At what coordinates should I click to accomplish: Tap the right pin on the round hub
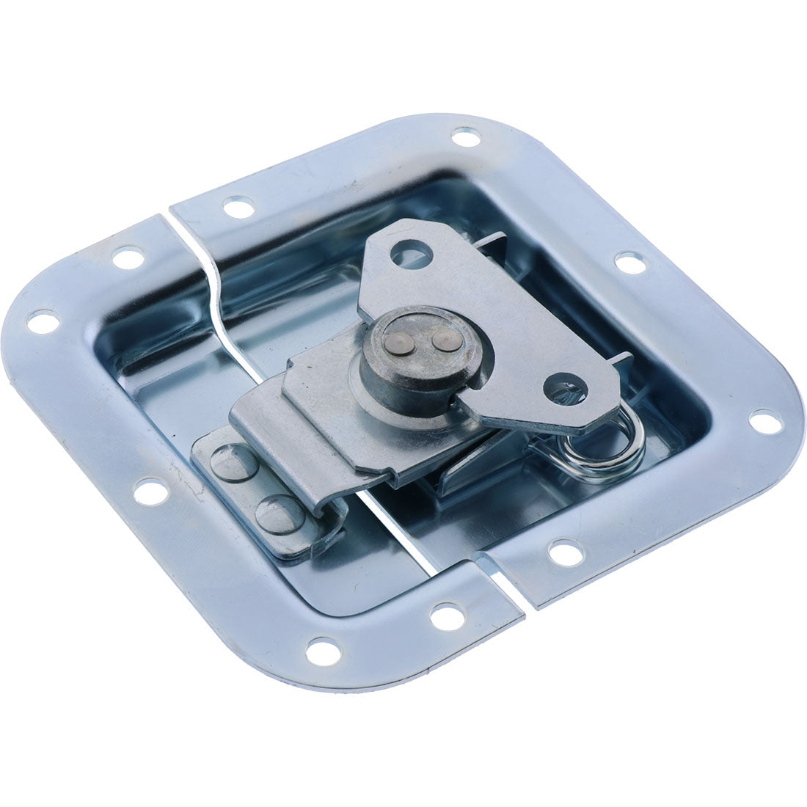click(442, 340)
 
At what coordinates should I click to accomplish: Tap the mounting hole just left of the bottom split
click(446, 616)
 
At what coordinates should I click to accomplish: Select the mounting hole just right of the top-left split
click(238, 208)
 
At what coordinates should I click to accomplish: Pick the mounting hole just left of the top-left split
click(127, 258)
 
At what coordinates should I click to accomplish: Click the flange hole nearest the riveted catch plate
click(150, 492)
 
